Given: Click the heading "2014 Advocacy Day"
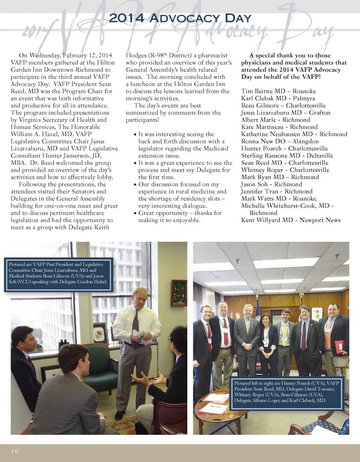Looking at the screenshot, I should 179,18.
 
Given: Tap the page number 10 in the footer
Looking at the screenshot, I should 15,451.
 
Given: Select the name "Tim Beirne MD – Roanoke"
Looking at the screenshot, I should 278,91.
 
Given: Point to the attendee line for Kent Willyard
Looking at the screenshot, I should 291,220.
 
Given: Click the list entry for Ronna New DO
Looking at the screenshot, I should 280,141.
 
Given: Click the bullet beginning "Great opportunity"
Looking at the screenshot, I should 180,216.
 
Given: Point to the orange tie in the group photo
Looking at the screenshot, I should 328,333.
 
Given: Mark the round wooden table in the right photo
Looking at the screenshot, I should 219,407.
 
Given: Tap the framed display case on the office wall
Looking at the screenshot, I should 178,292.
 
